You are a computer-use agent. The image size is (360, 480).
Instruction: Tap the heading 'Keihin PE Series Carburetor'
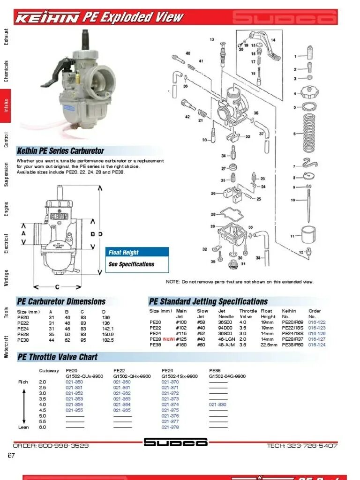point(60,151)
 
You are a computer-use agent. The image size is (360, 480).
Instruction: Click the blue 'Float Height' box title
point(124,252)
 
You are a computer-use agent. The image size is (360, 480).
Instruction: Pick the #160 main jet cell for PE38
point(181,345)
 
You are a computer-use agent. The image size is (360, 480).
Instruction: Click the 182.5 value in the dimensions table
point(108,340)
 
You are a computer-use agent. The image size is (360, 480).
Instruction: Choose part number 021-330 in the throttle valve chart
point(217,405)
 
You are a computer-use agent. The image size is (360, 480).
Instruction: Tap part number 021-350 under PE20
point(74,382)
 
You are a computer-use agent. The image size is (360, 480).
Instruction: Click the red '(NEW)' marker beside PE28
point(169,339)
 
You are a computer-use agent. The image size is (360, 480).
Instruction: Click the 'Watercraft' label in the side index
point(6,346)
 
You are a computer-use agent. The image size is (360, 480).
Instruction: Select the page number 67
point(12,456)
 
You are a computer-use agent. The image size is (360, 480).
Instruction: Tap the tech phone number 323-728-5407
point(302,445)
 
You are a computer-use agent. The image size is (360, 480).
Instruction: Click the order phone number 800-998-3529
point(51,445)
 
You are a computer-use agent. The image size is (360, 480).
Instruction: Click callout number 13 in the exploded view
point(212,40)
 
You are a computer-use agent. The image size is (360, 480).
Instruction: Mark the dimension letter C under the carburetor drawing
point(57,287)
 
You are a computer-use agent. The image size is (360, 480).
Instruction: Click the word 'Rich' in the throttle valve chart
point(23,382)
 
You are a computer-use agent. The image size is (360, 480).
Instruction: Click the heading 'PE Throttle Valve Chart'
point(57,357)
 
